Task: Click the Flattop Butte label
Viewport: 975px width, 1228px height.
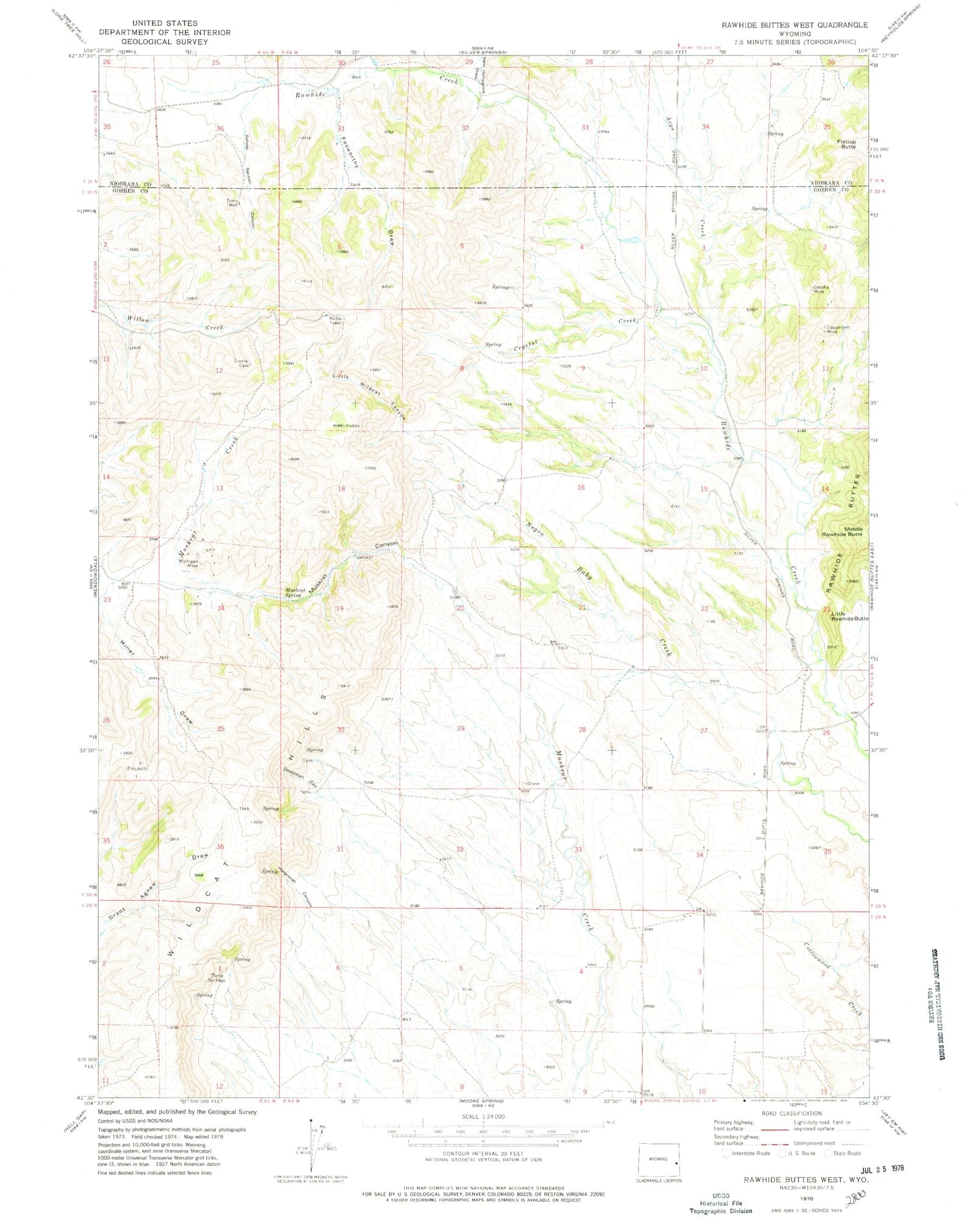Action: tap(848, 144)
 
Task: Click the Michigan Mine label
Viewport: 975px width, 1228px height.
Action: tap(188, 563)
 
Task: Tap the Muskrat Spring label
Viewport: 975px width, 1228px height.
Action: tap(296, 592)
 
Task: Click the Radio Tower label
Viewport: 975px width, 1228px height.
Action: tap(335, 321)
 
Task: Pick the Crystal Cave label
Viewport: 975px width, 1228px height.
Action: tap(241, 363)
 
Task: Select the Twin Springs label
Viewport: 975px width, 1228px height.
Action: tap(216, 978)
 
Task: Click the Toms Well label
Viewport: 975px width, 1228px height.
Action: tap(232, 203)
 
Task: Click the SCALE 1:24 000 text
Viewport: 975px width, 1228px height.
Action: tap(483, 1116)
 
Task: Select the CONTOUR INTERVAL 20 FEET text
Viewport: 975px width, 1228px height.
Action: tap(483, 1154)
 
